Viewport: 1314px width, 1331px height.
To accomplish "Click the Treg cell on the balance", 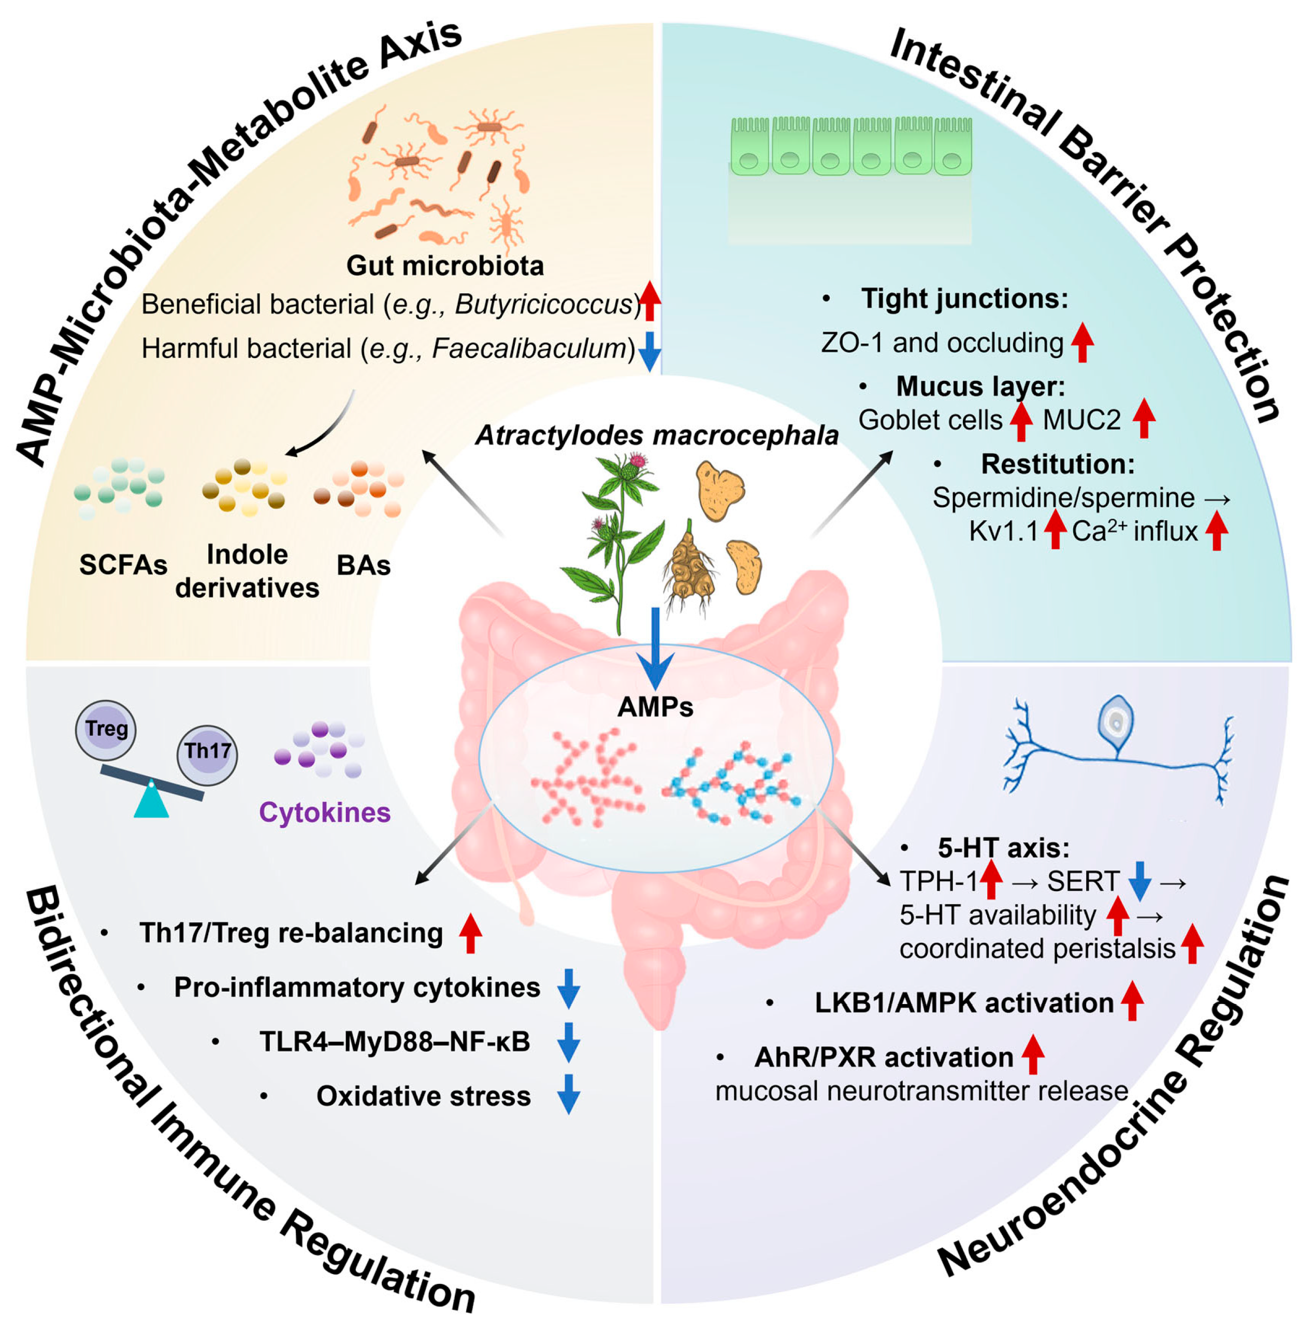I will click(x=105, y=729).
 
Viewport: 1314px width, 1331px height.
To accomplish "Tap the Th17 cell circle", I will click(x=207, y=752).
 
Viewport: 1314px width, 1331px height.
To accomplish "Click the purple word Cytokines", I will click(x=324, y=812).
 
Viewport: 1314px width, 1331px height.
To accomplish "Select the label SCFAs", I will click(x=123, y=565).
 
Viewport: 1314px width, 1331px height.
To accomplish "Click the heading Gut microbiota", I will click(x=445, y=265).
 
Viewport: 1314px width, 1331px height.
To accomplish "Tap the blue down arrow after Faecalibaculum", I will click(x=649, y=351).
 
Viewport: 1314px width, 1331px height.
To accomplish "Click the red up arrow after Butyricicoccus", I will click(x=649, y=300).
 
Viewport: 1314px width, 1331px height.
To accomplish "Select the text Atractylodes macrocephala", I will click(x=657, y=435).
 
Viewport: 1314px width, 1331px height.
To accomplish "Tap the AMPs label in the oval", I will click(x=655, y=707).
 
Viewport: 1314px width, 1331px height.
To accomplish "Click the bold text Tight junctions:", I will click(x=964, y=298).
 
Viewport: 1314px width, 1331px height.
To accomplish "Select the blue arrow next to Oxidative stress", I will click(x=568, y=1094).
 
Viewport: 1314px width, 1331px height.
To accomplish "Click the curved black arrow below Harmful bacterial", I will click(x=324, y=427).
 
